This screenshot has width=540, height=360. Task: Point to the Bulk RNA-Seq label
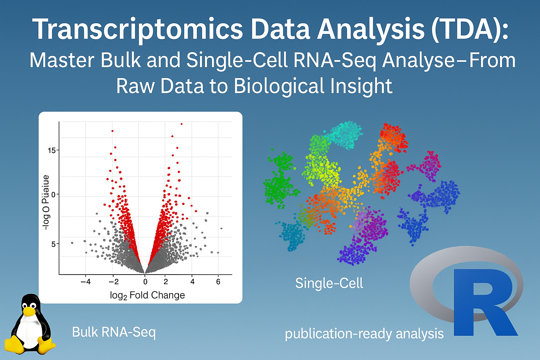(x=114, y=332)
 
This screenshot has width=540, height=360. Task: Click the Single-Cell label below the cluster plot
(x=329, y=283)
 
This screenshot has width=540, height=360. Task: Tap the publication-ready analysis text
(x=364, y=334)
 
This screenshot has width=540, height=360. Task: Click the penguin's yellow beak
(x=29, y=311)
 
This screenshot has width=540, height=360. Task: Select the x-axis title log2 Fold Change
(x=147, y=295)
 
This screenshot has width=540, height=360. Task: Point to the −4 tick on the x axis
(x=85, y=282)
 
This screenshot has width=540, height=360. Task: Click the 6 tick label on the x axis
(x=218, y=282)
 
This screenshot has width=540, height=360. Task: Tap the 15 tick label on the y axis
(x=52, y=150)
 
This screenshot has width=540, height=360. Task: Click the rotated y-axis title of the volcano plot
(x=46, y=202)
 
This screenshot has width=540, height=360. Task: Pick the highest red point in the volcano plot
(x=181, y=124)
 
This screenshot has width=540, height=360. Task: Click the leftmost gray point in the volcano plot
(x=72, y=243)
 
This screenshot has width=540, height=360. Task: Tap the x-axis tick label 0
(x=145, y=282)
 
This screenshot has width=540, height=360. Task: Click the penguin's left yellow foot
(x=14, y=345)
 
